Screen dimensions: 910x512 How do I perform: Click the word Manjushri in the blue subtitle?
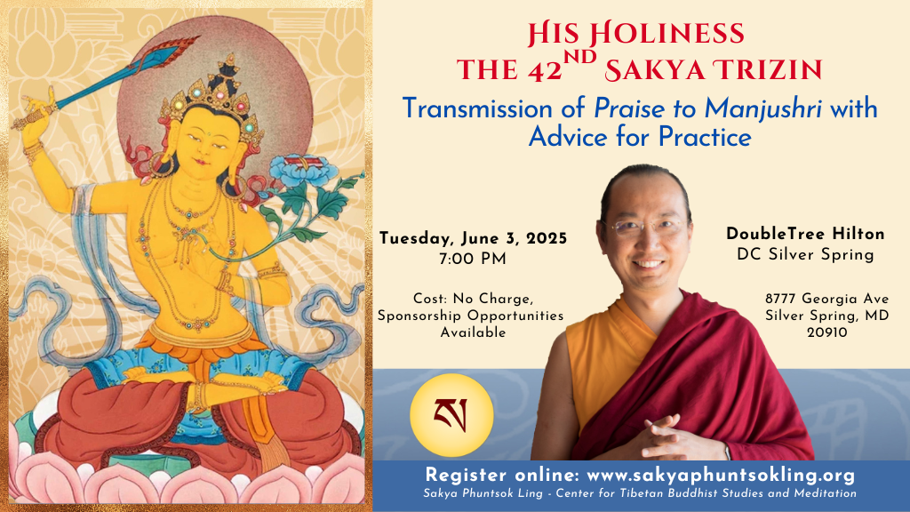point(762,109)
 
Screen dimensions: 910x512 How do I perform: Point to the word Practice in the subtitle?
point(705,138)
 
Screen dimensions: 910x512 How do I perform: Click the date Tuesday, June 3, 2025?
point(473,238)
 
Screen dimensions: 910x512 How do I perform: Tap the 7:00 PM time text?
point(473,259)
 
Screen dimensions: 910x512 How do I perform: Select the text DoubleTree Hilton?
point(805,234)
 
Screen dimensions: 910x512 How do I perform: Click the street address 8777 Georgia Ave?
point(826,299)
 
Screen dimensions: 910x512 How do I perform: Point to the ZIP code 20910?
point(827,332)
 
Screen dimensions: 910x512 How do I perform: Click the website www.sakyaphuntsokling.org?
point(721,475)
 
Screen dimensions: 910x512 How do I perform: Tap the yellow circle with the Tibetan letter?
point(451,415)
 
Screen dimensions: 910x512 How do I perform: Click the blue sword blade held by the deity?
point(123,75)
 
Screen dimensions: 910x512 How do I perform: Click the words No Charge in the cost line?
point(492,299)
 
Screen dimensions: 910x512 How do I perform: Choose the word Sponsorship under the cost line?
point(420,316)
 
